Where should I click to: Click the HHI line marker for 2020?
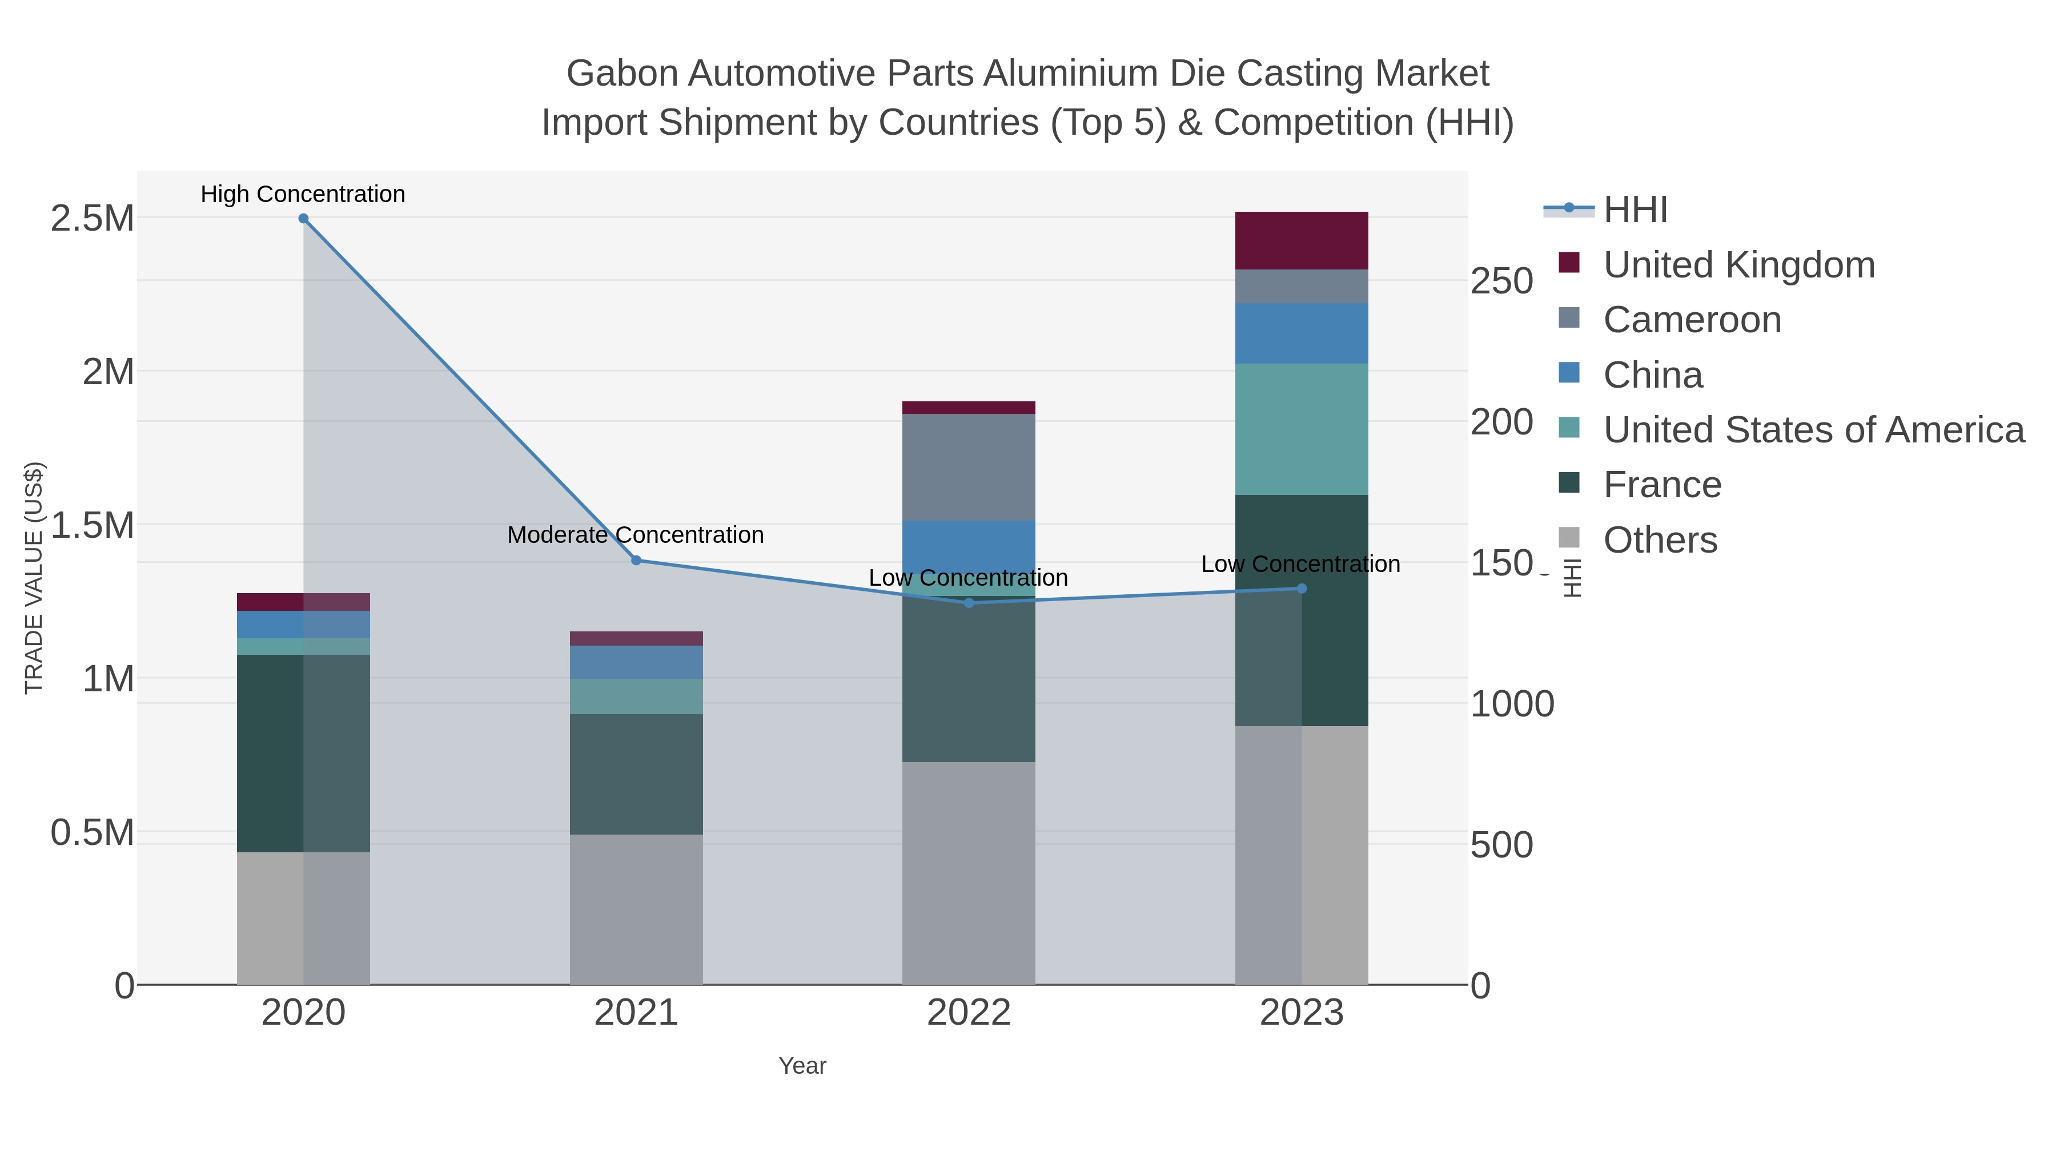pyautogui.click(x=303, y=219)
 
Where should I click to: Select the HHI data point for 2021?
pyautogui.click(x=636, y=561)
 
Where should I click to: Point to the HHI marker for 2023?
pyautogui.click(x=1302, y=589)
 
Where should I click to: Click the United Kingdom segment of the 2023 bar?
pyautogui.click(x=1302, y=241)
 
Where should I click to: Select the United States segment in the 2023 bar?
pyautogui.click(x=1302, y=429)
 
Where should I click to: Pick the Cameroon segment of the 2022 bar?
pyautogui.click(x=969, y=467)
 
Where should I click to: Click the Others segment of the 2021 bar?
pyautogui.click(x=636, y=909)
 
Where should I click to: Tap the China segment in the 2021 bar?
pyautogui.click(x=636, y=662)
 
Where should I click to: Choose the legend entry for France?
pyautogui.click(x=1662, y=485)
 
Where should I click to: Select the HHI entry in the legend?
pyautogui.click(x=1635, y=210)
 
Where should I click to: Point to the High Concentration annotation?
pyautogui.click(x=303, y=195)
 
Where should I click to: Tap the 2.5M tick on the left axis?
pyautogui.click(x=93, y=219)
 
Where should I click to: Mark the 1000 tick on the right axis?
pyautogui.click(x=1512, y=704)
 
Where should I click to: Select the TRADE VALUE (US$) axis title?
pyautogui.click(x=34, y=578)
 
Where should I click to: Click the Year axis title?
pyautogui.click(x=802, y=1066)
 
